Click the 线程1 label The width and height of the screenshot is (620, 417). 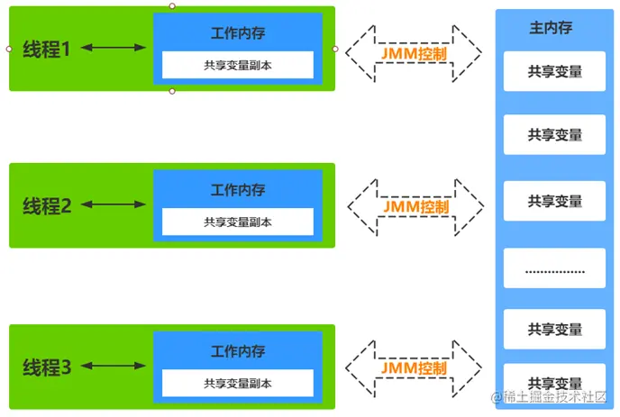[x=47, y=50]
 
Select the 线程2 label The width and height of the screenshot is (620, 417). [x=47, y=206]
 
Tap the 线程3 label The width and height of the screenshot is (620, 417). [x=47, y=367]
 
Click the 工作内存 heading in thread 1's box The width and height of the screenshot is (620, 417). [x=238, y=34]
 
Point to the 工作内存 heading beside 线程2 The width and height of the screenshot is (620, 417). [x=238, y=191]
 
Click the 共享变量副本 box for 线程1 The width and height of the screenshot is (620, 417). [x=238, y=65]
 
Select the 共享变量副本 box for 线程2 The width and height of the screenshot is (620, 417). [x=238, y=222]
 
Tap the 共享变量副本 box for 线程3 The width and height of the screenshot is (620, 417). [x=238, y=383]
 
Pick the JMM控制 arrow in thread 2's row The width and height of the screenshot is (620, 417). [x=415, y=207]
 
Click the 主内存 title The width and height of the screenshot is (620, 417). [x=550, y=28]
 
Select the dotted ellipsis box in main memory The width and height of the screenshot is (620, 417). [x=555, y=268]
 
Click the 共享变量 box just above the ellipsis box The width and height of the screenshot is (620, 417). [x=555, y=202]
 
